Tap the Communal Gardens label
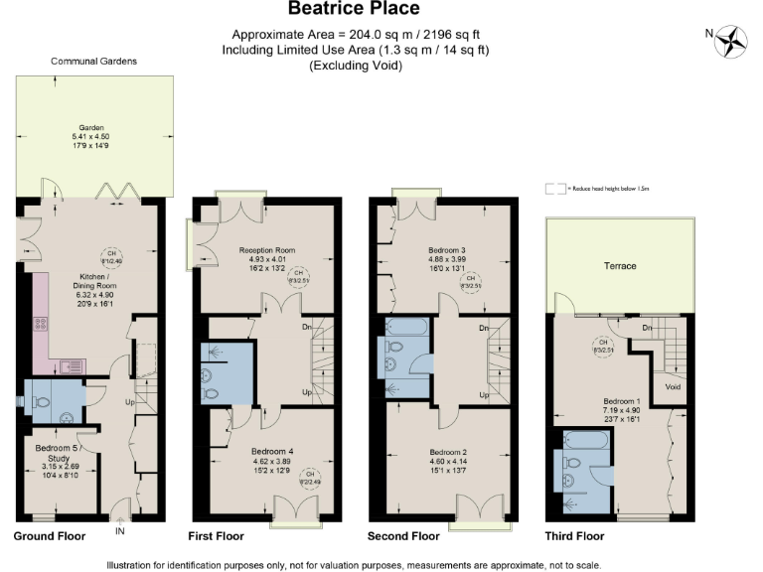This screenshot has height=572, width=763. pos(94,62)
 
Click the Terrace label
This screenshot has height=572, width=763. pos(622,266)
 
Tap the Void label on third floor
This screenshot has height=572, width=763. pos(672,387)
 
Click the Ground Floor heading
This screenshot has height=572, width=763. pos(50,536)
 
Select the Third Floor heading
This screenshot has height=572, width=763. pos(574,536)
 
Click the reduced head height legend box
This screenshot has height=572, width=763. pos(554,188)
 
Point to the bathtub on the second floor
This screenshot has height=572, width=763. pos(405,327)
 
